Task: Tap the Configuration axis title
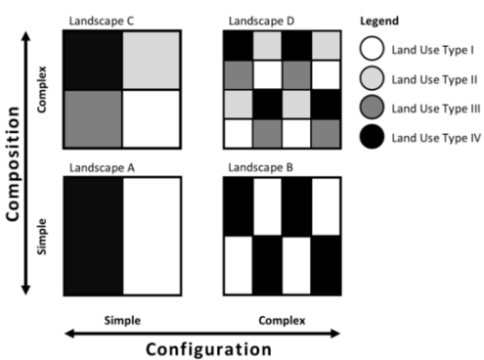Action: [x=208, y=347]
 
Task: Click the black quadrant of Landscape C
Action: [x=92, y=59]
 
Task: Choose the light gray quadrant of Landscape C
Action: [x=152, y=59]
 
